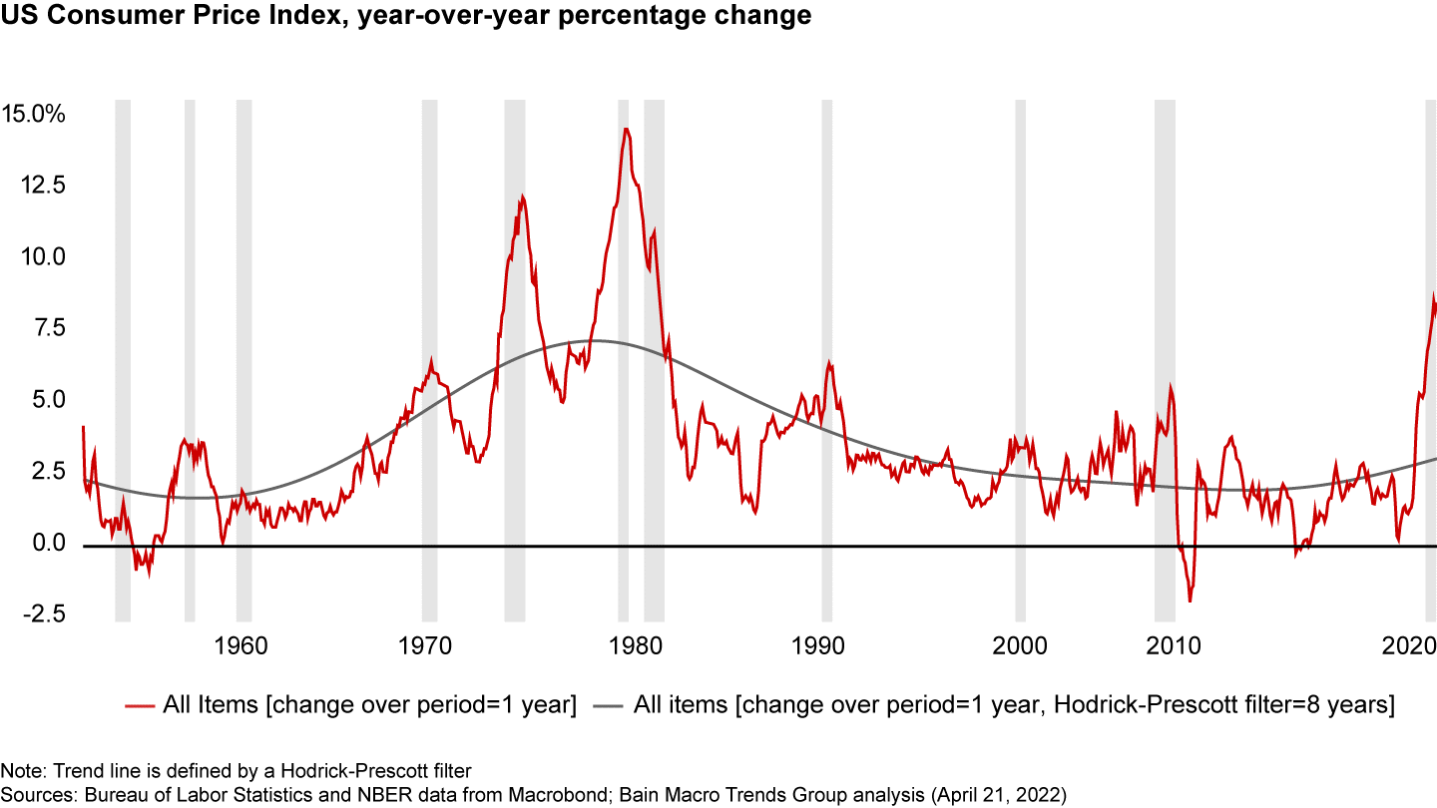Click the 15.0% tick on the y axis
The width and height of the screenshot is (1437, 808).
[x=34, y=114]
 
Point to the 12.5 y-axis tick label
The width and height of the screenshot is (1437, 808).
[x=40, y=186]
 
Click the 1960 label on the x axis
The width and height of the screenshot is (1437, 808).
[x=240, y=644]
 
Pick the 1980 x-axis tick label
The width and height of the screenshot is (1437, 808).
[x=631, y=644]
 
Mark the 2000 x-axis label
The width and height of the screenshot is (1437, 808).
[x=1021, y=644]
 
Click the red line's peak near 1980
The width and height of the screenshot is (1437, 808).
[x=626, y=129]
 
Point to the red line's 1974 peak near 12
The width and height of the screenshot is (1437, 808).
[x=522, y=197]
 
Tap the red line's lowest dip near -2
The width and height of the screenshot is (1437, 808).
[x=1190, y=602]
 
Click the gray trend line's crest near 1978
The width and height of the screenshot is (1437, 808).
[x=597, y=341]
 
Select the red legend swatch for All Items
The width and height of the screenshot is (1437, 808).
[x=140, y=706]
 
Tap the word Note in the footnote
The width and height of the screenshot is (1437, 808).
[x=18, y=771]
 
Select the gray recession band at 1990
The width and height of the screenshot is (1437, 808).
[x=827, y=359]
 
